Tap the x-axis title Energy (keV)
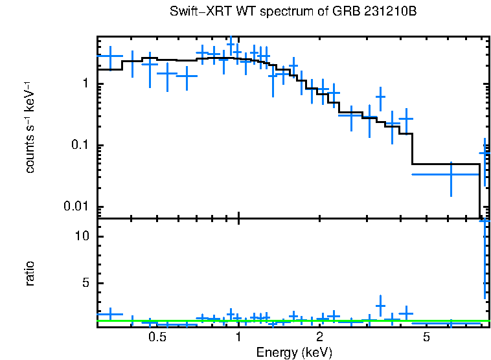294,352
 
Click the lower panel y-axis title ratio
30,273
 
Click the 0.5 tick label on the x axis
157,337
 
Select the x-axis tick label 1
238,337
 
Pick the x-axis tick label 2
319,337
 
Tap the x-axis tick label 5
426,337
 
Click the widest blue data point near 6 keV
451,174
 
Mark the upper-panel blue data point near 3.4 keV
380,98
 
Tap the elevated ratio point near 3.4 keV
380,305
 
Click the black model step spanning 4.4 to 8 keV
446,164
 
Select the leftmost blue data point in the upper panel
110,56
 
